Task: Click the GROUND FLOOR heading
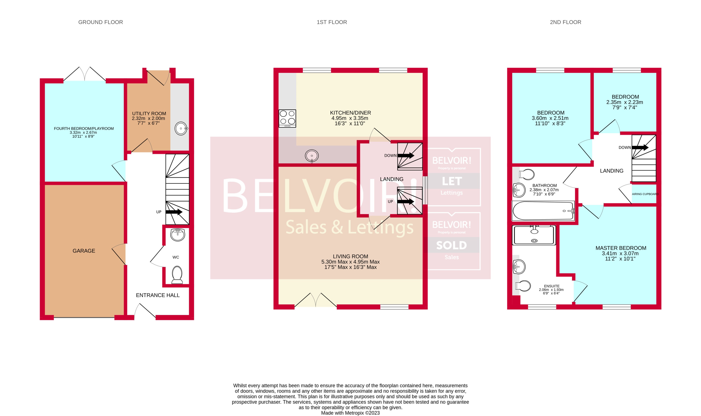(101, 22)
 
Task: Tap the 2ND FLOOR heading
(565, 22)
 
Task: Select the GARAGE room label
(84, 251)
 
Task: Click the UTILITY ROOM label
(149, 113)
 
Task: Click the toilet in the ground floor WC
(177, 275)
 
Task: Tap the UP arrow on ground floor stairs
(174, 212)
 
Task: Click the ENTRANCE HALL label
(158, 295)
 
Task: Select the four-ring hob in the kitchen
(287, 118)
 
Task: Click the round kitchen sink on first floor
(312, 156)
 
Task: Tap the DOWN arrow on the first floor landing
(406, 155)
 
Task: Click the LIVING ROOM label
(350, 256)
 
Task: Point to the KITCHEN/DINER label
(350, 113)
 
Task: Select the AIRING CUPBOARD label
(645, 194)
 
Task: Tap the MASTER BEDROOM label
(621, 248)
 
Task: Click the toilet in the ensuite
(523, 286)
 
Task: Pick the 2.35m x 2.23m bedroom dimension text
(624, 102)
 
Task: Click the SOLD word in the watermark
(451, 245)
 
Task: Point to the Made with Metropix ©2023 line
(350, 413)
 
